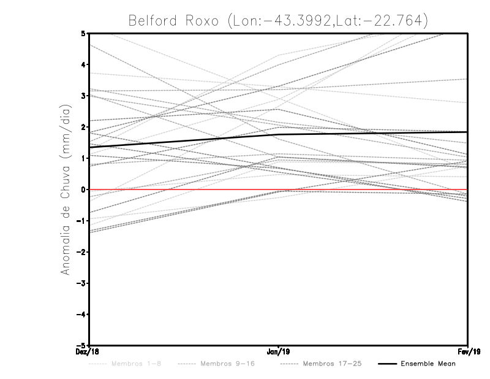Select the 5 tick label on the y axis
coord(83,33)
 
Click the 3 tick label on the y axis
coord(83,96)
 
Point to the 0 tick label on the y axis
coord(83,189)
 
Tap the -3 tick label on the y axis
coord(81,283)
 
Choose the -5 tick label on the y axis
coord(81,345)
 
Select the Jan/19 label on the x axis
coord(279,352)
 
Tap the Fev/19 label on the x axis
coord(468,352)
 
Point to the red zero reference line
coord(367,189)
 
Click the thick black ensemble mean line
coord(184,141)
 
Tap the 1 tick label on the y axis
coord(83,158)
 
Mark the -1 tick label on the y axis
coord(81,221)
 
